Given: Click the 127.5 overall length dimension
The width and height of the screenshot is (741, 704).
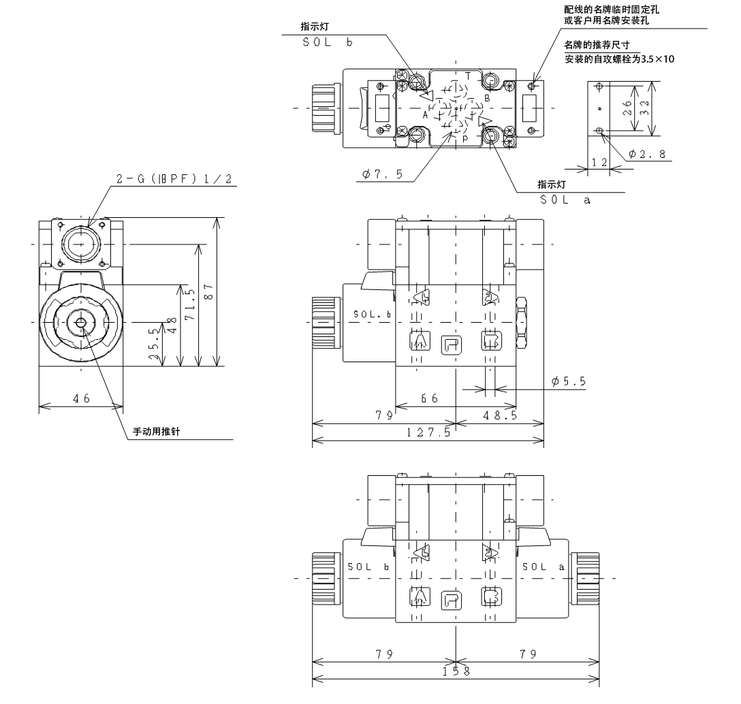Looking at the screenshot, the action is (428, 432).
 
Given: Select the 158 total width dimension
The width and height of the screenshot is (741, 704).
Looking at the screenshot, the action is (456, 671).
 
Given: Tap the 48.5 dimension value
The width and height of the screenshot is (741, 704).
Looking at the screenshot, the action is (500, 415).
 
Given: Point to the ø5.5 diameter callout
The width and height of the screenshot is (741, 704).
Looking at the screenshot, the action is (569, 381).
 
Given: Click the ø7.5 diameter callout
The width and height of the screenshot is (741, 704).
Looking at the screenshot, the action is (383, 174).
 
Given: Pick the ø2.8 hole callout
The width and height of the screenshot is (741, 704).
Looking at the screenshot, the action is (648, 154).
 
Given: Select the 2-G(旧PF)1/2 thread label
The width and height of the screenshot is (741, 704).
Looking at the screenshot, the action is (174, 178).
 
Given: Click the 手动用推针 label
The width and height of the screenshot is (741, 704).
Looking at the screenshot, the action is (157, 432).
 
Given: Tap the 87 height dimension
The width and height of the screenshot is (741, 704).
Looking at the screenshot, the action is (209, 291).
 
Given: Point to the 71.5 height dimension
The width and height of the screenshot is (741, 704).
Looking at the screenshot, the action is (190, 304).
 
